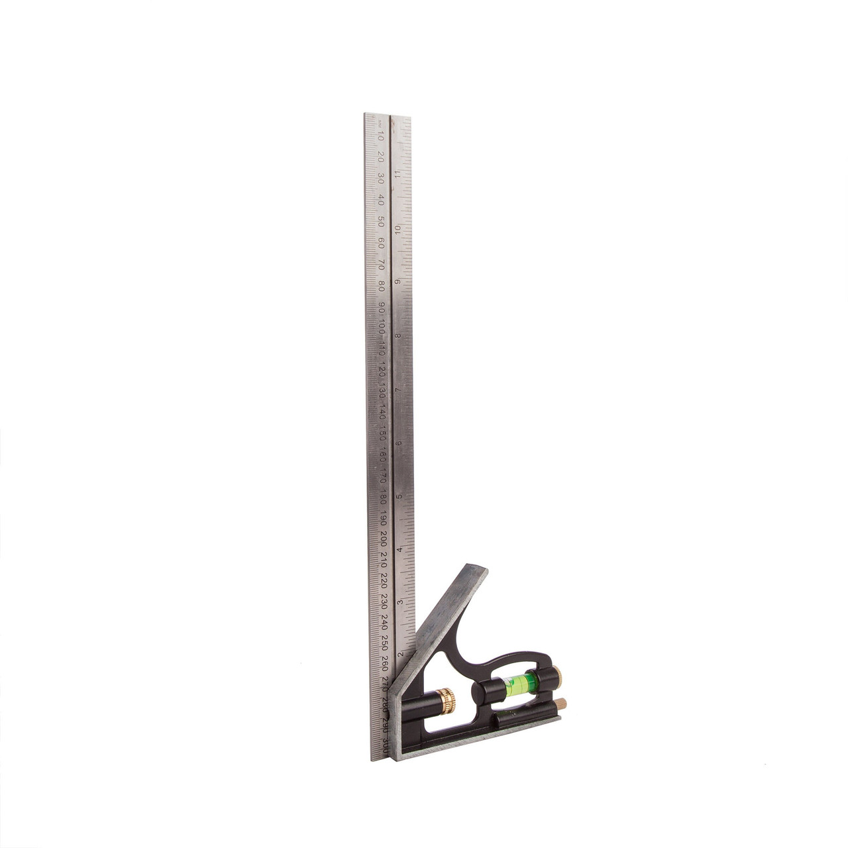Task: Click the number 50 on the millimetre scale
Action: (381, 221)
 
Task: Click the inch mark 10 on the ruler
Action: (397, 229)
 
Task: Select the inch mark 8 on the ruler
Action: (398, 336)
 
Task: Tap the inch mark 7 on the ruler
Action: (399, 390)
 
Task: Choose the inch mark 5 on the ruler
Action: (399, 496)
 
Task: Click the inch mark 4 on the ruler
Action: (399, 549)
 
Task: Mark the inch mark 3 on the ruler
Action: (400, 602)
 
